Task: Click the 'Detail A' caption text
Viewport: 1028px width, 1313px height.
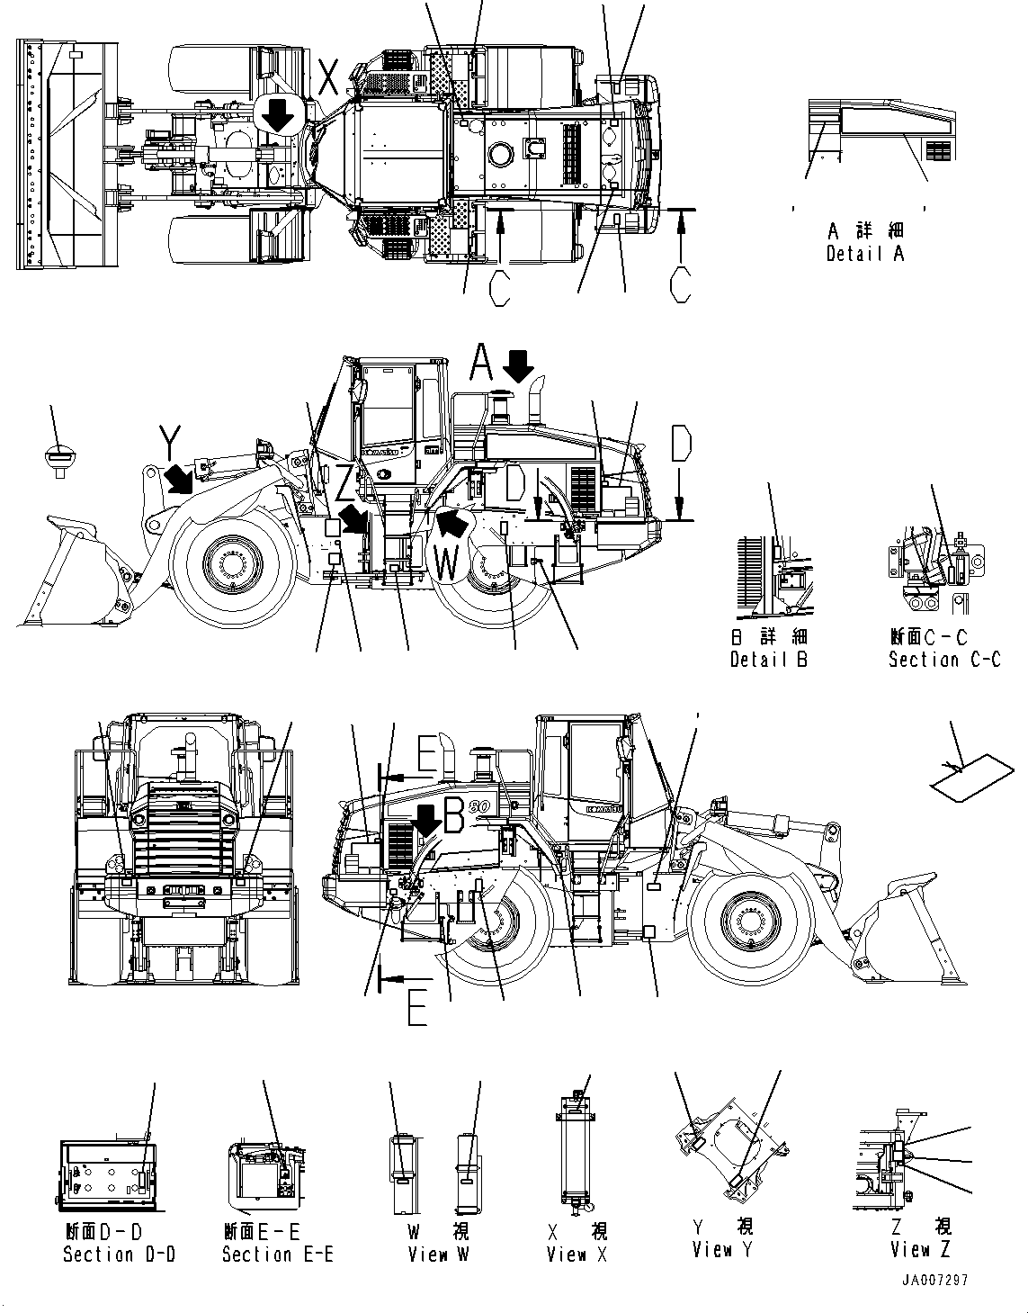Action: (x=864, y=254)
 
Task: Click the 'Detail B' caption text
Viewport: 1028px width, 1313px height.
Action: (x=769, y=660)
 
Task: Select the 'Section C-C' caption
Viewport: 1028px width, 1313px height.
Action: (x=943, y=660)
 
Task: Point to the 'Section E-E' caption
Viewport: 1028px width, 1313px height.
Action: (x=277, y=1254)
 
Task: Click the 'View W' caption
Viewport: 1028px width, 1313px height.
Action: (x=438, y=1254)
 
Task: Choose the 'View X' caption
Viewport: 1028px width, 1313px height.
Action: (x=577, y=1254)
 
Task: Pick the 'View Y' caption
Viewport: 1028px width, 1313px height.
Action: (x=723, y=1249)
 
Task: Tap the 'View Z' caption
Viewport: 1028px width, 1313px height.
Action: (x=920, y=1249)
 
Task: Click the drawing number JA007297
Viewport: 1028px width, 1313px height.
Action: (x=936, y=1282)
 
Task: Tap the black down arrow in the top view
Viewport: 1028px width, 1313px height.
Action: (x=277, y=115)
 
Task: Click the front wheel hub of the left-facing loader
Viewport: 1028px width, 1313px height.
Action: (x=229, y=567)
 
